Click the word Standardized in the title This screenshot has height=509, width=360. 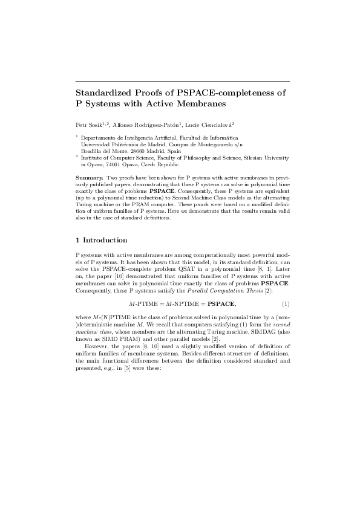click(101, 93)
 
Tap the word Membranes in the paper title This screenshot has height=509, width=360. click(200, 104)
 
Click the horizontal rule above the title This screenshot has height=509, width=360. click(182, 80)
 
